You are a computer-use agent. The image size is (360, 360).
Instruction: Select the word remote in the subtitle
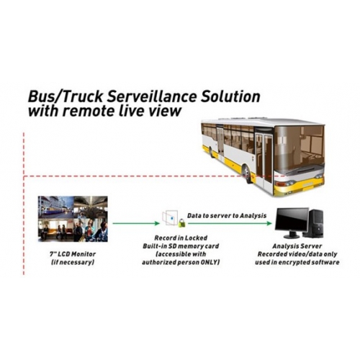pyautogui.click(x=91, y=111)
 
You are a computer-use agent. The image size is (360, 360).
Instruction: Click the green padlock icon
pyautogui.click(x=181, y=223)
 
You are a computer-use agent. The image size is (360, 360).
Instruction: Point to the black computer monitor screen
pyautogui.click(x=292, y=219)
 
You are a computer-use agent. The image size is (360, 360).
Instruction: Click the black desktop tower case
pyautogui.click(x=316, y=223)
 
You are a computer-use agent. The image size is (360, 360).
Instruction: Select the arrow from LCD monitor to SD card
pyautogui.click(x=136, y=223)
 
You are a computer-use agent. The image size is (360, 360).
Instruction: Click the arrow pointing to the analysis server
pyautogui.click(x=230, y=223)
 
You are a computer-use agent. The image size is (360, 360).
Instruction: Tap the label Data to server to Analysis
pyautogui.click(x=227, y=215)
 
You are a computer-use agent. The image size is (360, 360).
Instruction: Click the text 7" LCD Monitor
pyautogui.click(x=73, y=254)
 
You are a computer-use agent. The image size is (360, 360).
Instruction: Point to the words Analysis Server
pyautogui.click(x=297, y=246)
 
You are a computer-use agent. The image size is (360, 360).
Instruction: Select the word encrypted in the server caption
pyautogui.click(x=289, y=262)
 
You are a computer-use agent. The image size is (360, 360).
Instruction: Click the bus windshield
pyautogui.click(x=299, y=146)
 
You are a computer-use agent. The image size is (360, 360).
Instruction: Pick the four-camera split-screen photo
pyautogui.click(x=73, y=219)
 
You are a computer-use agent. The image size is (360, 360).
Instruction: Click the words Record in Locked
pyautogui.click(x=181, y=238)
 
